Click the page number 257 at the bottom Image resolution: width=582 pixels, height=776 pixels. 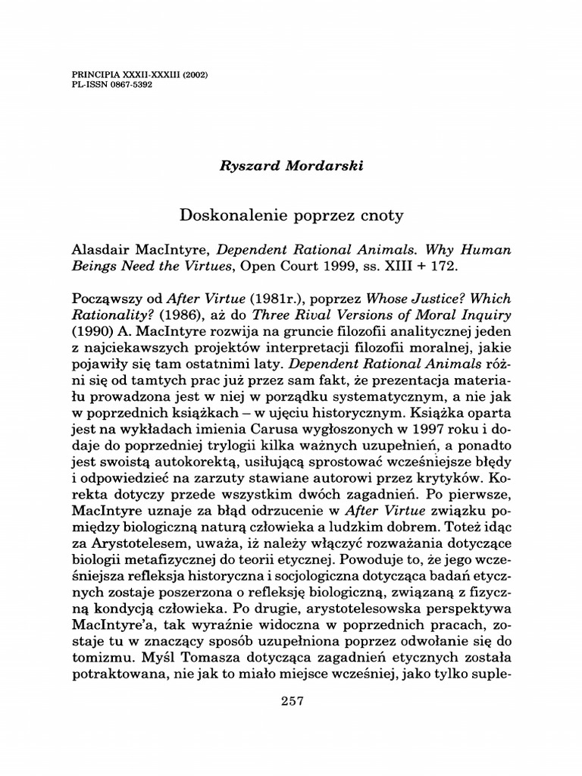[291, 702]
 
